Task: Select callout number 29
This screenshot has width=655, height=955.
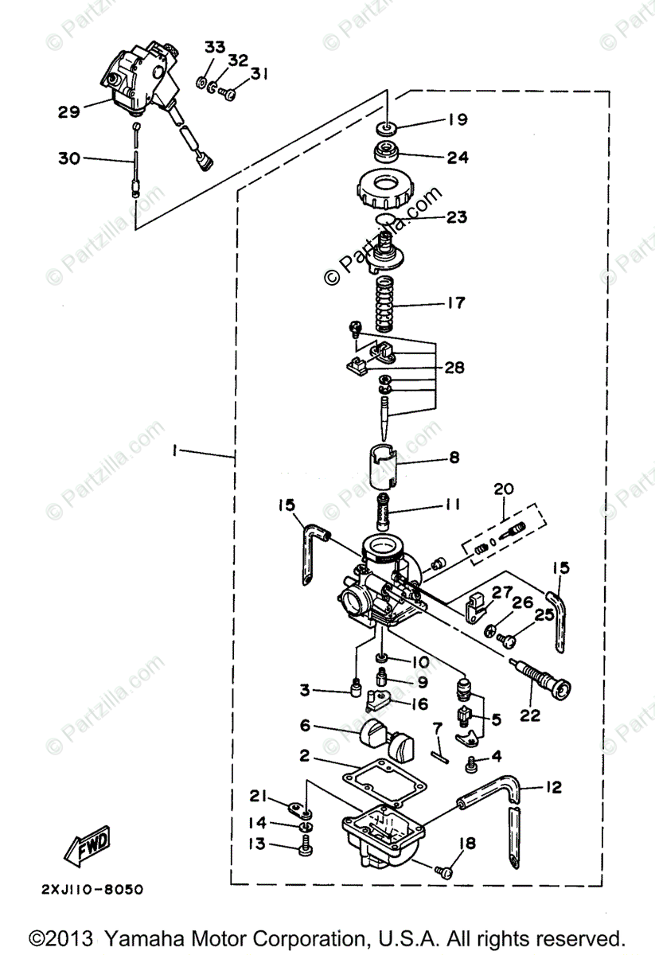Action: point(69,111)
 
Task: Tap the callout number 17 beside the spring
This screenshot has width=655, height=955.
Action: point(456,303)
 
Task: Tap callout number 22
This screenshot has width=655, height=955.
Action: point(529,715)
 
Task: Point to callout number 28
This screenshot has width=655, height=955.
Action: point(455,368)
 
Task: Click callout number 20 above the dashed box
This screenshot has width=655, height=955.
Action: point(504,488)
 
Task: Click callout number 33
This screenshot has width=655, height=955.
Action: point(214,48)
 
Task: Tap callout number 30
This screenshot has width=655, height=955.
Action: point(69,158)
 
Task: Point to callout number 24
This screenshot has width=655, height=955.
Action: point(457,157)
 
